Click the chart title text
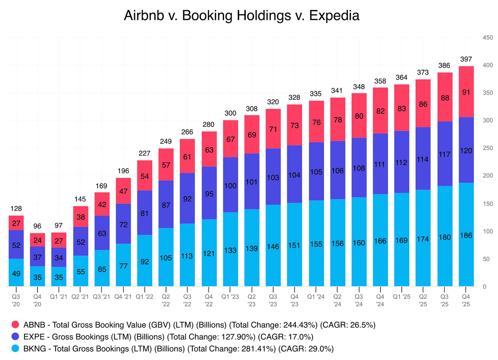click(242, 16)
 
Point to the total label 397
click(466, 59)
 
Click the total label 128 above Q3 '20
click(16, 209)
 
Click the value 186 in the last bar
click(466, 235)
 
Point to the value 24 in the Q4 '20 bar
click(37, 240)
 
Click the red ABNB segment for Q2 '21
click(81, 216)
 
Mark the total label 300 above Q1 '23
click(231, 113)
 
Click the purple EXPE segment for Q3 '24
click(359, 167)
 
